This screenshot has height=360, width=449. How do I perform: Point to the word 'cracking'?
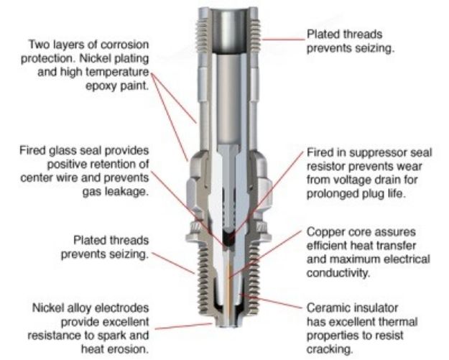(x=330, y=349)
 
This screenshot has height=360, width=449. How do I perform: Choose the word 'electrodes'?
(x=121, y=308)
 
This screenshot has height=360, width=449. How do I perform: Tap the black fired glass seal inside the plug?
(x=227, y=236)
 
